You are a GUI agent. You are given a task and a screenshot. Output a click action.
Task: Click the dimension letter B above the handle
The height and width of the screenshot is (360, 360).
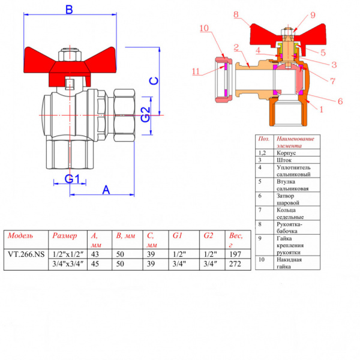(69, 10)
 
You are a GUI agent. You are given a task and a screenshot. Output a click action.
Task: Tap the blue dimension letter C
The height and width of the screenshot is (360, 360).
(154, 81)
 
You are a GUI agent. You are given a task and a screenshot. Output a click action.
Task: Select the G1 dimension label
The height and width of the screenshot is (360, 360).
(72, 179)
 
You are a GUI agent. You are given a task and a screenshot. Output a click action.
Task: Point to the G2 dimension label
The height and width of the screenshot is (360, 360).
(145, 115)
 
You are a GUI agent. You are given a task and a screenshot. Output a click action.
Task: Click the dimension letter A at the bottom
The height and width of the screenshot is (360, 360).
(106, 190)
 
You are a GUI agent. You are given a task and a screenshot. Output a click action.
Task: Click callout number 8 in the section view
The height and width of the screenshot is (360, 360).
(236, 14)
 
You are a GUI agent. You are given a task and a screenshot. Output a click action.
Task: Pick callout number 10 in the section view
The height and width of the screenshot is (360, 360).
(204, 28)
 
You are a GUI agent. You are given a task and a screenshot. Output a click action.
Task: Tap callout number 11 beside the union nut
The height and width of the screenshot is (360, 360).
(196, 71)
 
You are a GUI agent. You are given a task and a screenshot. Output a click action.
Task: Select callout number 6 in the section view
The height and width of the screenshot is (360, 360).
(340, 101)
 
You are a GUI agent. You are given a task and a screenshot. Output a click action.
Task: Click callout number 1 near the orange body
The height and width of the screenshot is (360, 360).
(321, 110)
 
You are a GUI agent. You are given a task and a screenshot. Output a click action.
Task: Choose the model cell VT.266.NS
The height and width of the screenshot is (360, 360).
(26, 254)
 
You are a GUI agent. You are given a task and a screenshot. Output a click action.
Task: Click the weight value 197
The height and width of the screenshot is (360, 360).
(235, 254)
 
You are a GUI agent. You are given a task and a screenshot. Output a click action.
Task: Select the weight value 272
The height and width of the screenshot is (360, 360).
(235, 264)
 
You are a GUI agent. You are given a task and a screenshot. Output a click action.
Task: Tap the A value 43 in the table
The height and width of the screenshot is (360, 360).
(95, 254)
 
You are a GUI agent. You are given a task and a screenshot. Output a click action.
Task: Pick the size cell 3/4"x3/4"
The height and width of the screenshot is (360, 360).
(68, 264)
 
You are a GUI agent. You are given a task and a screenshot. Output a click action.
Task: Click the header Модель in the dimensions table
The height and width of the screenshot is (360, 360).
(20, 236)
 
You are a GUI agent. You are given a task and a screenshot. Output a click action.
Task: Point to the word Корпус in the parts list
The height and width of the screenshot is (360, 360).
(286, 153)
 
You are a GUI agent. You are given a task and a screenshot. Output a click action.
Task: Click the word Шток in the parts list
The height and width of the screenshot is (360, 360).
(284, 160)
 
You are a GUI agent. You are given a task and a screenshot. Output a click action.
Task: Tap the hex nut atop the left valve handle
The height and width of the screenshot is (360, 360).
(70, 55)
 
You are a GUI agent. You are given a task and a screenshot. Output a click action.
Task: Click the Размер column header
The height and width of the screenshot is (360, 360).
(65, 236)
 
